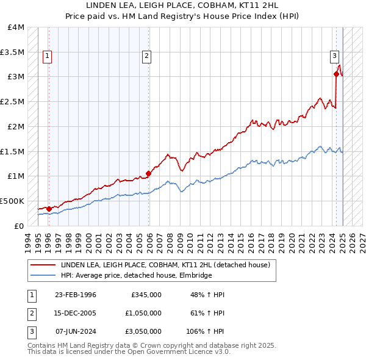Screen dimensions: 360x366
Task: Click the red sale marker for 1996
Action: pos(49,209)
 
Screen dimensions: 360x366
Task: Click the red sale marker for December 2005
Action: pos(149,173)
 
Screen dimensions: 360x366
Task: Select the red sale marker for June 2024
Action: pos(336,74)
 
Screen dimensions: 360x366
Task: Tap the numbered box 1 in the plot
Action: pos(47,57)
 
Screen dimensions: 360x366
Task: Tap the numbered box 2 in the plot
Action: pos(147,57)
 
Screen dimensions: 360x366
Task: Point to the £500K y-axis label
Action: pos(12,201)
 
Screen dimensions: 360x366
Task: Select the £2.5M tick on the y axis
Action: pos(13,102)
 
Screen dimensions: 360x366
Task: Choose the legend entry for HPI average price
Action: pos(136,276)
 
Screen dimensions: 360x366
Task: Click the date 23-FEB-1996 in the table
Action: pos(76,295)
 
